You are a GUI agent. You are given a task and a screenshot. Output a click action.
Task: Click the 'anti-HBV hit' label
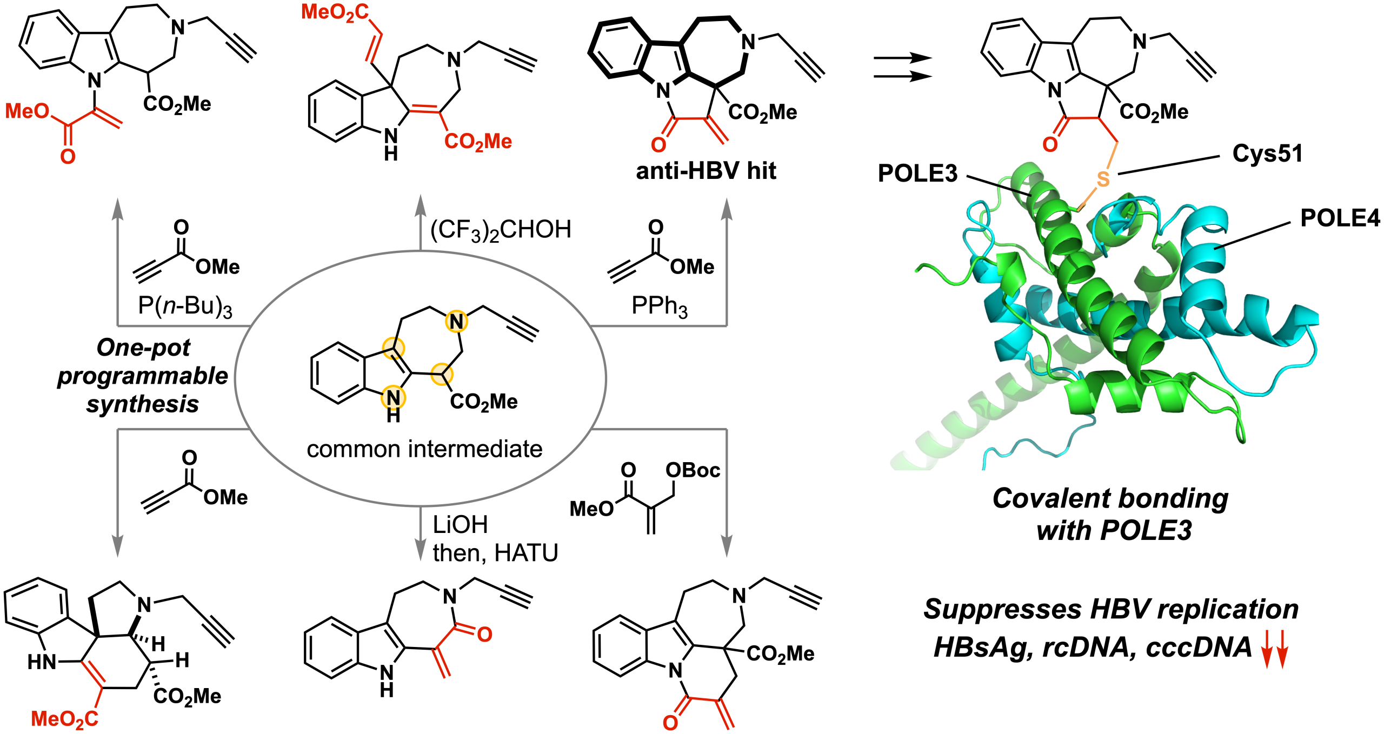tap(706, 171)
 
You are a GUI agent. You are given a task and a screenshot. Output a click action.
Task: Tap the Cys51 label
tap(1267, 154)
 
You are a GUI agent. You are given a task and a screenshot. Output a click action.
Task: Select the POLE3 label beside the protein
tap(917, 174)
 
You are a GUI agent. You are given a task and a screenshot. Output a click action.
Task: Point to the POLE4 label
tap(1340, 218)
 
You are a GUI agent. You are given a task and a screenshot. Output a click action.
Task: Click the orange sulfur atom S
tap(1103, 179)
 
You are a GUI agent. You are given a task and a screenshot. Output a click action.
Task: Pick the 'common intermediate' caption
tap(424, 449)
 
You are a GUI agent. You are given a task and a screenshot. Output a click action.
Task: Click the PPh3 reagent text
tap(660, 306)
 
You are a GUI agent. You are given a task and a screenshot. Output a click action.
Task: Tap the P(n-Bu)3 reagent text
tap(185, 306)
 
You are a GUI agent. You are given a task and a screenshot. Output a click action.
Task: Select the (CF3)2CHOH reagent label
tap(501, 230)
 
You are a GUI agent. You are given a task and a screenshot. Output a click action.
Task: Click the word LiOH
tap(460, 524)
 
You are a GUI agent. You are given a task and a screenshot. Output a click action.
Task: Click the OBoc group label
tap(693, 470)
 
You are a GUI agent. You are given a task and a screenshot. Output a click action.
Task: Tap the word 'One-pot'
tap(143, 348)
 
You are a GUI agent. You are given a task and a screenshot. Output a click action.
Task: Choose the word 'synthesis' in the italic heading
tap(143, 404)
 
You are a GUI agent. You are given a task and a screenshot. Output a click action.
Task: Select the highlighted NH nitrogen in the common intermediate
tap(393, 398)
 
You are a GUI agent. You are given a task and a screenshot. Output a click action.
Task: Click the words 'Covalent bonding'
tap(1110, 498)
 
